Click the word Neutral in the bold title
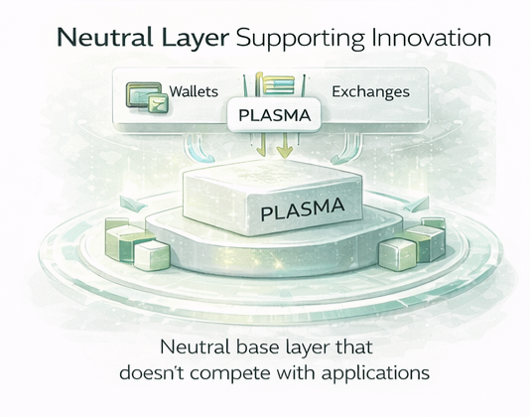point(105,37)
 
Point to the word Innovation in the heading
point(431,37)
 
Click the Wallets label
point(194,91)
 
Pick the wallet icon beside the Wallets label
point(147,97)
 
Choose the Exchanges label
point(370,91)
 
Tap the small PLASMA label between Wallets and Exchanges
point(275,115)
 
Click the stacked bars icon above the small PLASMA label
point(275,83)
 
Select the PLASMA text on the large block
point(303,209)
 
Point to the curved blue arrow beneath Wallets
point(200,148)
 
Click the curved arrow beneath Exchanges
point(345,149)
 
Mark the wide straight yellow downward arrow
point(284,146)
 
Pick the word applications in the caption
point(375,374)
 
